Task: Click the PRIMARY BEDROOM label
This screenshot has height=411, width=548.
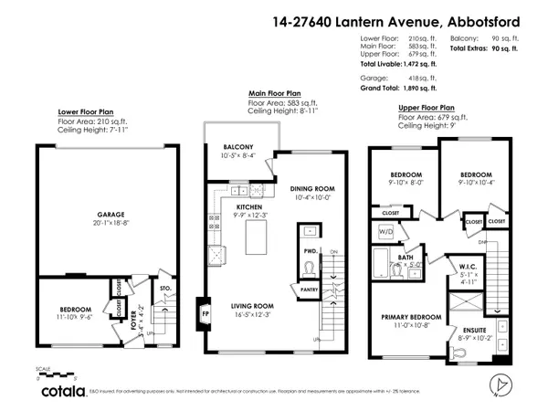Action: pos(410,317)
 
